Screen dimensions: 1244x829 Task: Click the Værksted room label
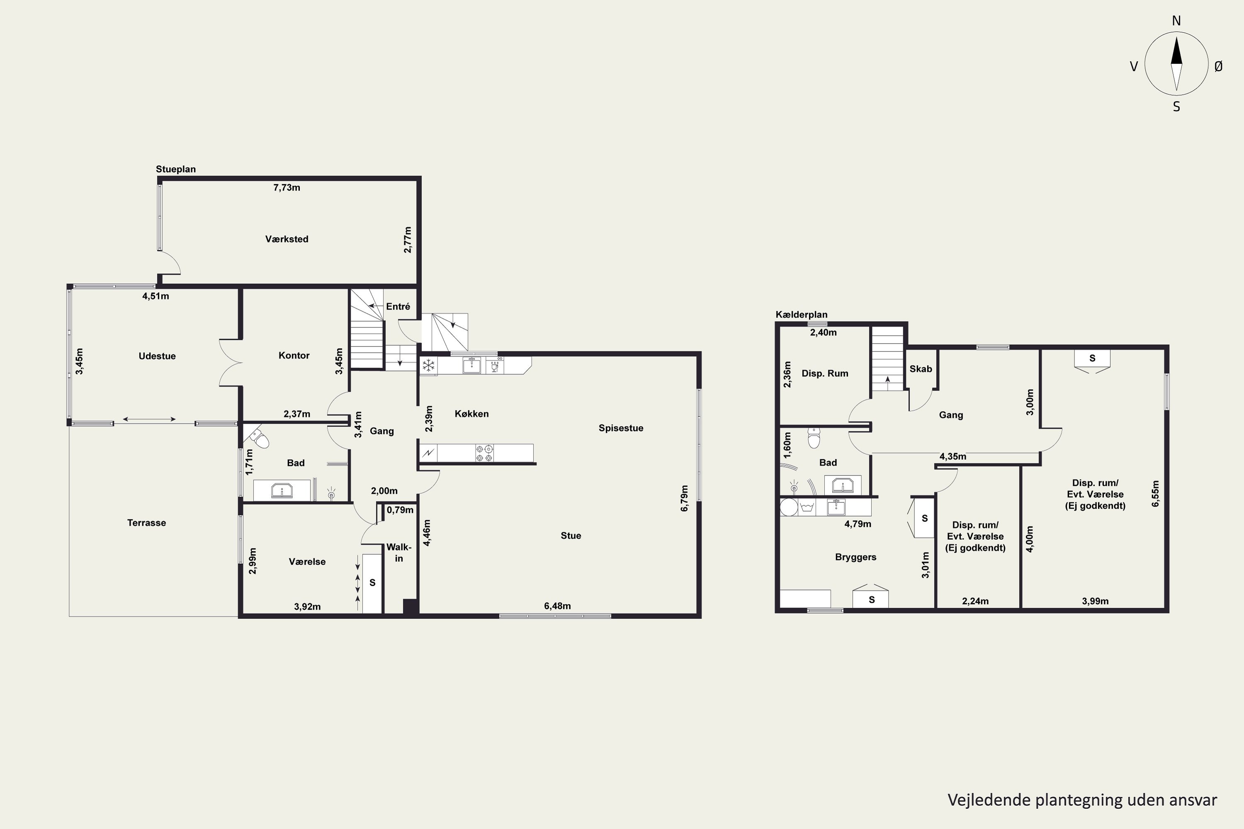[x=287, y=239]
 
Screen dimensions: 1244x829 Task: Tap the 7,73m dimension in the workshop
[x=287, y=188]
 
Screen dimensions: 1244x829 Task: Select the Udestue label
[x=157, y=356]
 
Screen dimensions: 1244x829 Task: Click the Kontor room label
[x=294, y=355]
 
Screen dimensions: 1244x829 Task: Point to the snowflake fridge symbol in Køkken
[x=428, y=365]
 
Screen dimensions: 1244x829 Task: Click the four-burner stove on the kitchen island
[x=484, y=453]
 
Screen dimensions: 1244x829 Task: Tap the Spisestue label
[x=621, y=428]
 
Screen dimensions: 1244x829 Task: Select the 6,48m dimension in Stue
[x=557, y=606]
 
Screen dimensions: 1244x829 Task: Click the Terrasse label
[x=146, y=523]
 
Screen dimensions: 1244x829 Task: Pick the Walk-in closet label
[x=399, y=553]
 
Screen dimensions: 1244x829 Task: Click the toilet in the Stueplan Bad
[x=259, y=438]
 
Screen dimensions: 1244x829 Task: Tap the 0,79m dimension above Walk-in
[x=400, y=510]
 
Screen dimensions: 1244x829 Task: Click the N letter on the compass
[x=1176, y=21]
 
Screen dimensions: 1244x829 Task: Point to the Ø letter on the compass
[x=1219, y=66]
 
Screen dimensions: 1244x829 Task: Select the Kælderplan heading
[x=801, y=315]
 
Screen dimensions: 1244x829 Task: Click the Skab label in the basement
[x=921, y=369]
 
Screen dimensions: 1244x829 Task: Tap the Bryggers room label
[x=856, y=557]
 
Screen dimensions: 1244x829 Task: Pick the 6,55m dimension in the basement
[x=1155, y=494]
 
